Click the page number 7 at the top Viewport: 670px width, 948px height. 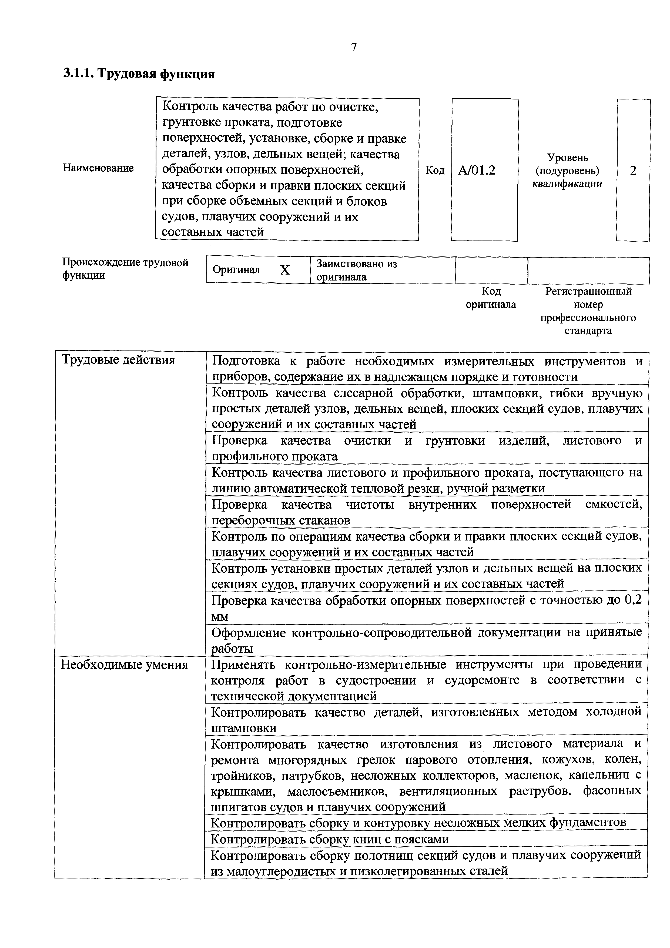pyautogui.click(x=354, y=47)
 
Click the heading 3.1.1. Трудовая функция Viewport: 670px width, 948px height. pyautogui.click(x=139, y=74)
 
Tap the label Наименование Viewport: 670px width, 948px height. pyautogui.click(x=98, y=168)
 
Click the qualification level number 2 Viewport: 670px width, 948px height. pyautogui.click(x=633, y=170)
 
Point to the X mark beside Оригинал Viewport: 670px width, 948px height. pyautogui.click(x=285, y=270)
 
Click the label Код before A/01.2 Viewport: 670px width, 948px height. pyautogui.click(x=435, y=170)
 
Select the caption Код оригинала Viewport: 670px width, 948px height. pyautogui.click(x=491, y=298)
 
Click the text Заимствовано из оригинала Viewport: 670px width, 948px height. pyautogui.click(x=356, y=270)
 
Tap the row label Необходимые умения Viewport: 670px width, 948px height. pyautogui.click(x=125, y=665)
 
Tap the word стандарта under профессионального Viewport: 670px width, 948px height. pyautogui.click(x=588, y=331)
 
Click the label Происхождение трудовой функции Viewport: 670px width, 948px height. pyautogui.click(x=125, y=268)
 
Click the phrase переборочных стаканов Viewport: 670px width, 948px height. pyautogui.click(x=281, y=520)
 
